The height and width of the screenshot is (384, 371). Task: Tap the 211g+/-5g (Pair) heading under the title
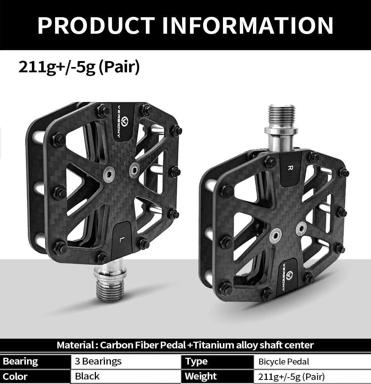79,67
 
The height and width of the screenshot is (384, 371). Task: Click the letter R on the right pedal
290,167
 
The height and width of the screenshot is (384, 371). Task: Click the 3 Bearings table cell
98,361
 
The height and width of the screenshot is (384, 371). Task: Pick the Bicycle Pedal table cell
284,362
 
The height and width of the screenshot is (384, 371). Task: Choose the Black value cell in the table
87,376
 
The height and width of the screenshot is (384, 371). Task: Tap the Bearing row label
21,361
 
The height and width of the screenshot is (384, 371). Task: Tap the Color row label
15,376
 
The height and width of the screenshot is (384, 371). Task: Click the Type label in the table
196,361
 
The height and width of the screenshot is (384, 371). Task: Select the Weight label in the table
201,376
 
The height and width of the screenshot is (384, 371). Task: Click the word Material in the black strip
73,345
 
